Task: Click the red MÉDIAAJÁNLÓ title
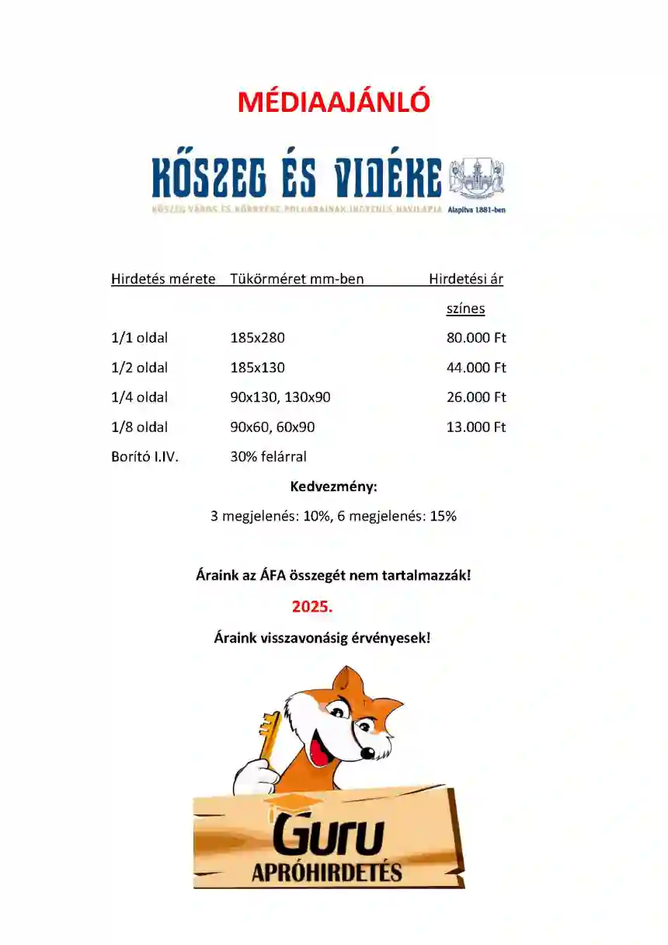333,102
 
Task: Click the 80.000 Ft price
476,338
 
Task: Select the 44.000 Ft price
476,368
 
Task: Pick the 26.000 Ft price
476,397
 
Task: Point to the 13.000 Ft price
476,427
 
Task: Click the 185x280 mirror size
258,338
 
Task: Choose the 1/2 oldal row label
139,368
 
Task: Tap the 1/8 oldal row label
139,427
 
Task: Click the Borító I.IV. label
144,456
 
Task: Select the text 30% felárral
268,456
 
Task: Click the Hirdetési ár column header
466,279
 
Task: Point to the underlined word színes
465,309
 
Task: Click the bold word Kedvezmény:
333,487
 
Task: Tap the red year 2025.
312,606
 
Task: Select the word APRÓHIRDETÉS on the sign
327,872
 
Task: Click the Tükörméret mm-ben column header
297,279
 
